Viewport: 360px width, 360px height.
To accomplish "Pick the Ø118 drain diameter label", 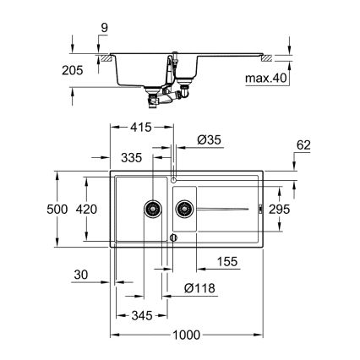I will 200,287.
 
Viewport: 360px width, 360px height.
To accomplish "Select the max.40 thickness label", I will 315,79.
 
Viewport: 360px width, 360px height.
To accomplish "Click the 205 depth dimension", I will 73,73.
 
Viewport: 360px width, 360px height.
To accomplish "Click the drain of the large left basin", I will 153,206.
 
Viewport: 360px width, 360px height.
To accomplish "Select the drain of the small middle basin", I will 183,206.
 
